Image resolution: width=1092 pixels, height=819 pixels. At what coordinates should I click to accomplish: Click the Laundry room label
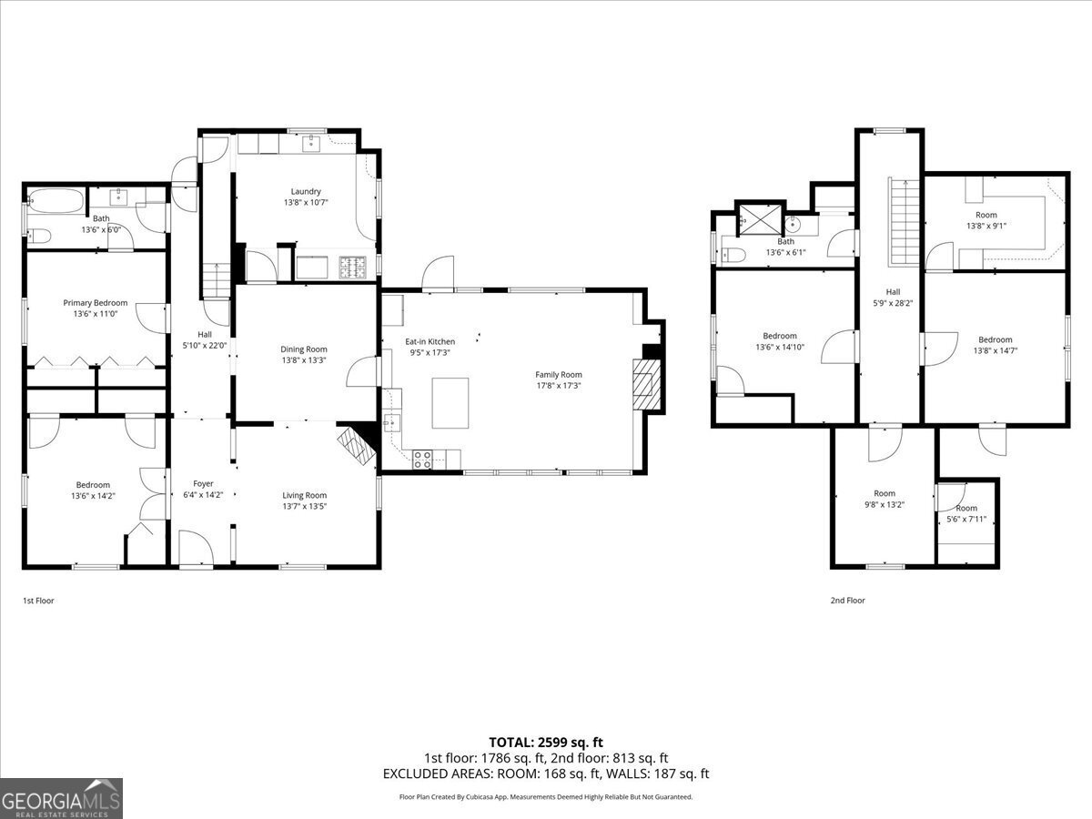pos(306,191)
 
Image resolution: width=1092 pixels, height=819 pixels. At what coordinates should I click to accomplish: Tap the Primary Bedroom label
pos(95,303)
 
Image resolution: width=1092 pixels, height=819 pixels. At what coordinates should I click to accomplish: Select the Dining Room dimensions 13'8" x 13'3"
pos(303,360)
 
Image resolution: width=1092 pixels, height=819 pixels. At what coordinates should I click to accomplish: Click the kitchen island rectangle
pos(450,403)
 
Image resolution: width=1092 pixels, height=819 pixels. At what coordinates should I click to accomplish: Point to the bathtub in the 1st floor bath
pos(56,201)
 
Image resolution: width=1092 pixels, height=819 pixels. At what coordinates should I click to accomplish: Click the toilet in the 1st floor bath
pos(39,236)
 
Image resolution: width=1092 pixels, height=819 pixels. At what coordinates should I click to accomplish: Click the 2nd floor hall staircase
pos(905,222)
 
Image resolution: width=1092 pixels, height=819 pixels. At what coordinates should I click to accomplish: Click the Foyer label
pos(203,483)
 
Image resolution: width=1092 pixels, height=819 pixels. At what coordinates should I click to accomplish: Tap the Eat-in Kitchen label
pos(430,341)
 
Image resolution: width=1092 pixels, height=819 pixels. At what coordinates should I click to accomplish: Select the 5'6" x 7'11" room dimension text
pos(966,520)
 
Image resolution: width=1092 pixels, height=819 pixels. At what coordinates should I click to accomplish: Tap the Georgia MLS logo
pos(61,798)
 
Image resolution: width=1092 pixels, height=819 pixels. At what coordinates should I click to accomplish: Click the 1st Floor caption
pos(38,601)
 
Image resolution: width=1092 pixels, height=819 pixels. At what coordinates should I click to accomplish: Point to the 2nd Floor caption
pos(848,601)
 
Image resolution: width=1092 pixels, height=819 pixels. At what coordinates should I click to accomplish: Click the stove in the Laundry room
pos(353,267)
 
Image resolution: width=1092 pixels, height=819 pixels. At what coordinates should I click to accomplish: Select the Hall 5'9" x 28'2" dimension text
pos(893,303)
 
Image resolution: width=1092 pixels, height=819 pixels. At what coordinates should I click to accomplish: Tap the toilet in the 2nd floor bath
pos(733,256)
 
